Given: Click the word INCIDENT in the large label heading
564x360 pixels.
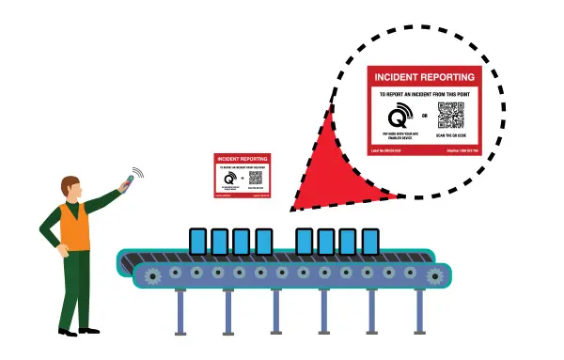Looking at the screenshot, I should pyautogui.click(x=398, y=76).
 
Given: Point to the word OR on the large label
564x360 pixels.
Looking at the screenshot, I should pyautogui.click(x=425, y=117).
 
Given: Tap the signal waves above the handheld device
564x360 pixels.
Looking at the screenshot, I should pyautogui.click(x=138, y=173).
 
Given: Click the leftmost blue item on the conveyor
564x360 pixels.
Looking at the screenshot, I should pyautogui.click(x=197, y=242).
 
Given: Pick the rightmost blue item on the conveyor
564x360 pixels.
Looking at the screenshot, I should pyautogui.click(x=370, y=242).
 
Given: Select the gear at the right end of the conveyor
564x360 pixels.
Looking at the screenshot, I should pyautogui.click(x=434, y=275).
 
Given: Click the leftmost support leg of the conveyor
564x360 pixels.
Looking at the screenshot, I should pyautogui.click(x=180, y=310).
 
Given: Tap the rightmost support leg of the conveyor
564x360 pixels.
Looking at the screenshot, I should pyautogui.click(x=373, y=310).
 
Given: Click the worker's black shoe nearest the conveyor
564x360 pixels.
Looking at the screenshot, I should pyautogui.click(x=92, y=329).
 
